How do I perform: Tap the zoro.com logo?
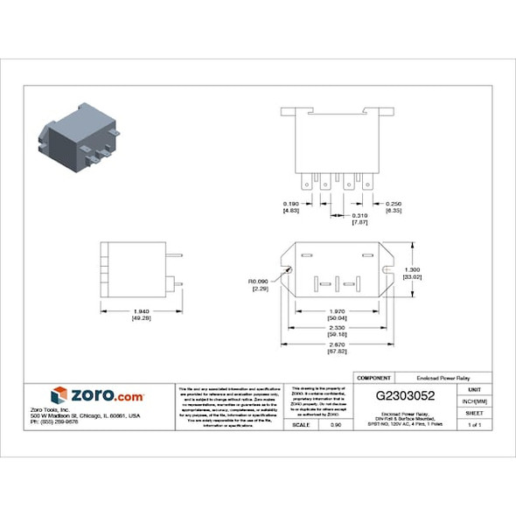[98, 395]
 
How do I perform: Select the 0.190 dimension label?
[291, 204]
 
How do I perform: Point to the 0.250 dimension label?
[393, 204]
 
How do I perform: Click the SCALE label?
[300, 424]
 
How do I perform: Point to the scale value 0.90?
[336, 424]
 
